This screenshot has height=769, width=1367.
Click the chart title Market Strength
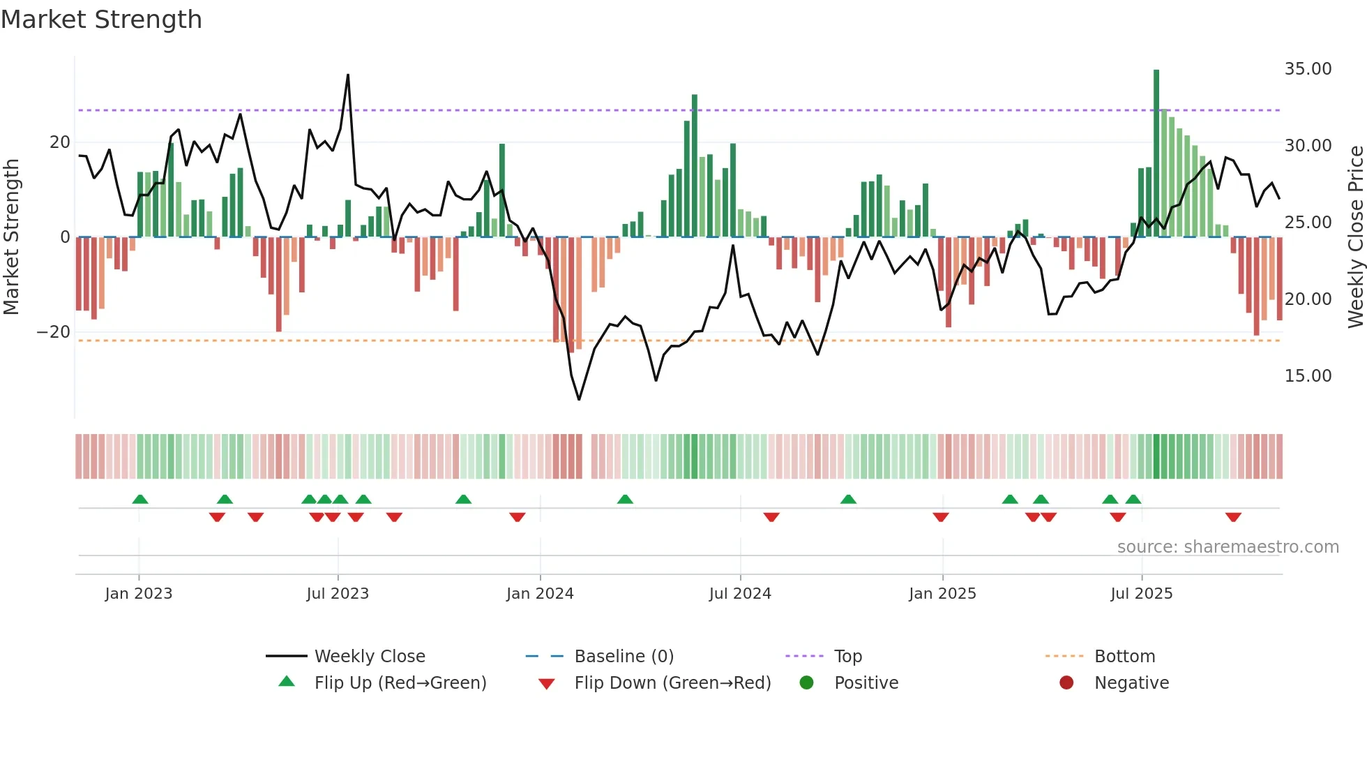101,20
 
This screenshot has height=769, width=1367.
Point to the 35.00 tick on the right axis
1308,69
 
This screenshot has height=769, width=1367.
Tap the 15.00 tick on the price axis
1308,376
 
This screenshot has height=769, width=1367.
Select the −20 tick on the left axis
54,332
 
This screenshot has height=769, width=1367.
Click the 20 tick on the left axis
60,142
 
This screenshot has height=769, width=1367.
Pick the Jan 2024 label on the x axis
540,594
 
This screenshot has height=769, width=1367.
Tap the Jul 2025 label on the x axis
1141,594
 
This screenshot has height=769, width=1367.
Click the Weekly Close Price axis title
1355,237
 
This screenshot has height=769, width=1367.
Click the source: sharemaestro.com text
1228,547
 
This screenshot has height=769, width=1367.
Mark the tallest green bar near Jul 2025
1156,154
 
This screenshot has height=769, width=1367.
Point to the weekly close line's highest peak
348,75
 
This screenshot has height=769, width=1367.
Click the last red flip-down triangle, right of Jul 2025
1233,517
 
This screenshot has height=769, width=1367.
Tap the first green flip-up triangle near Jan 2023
140,499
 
